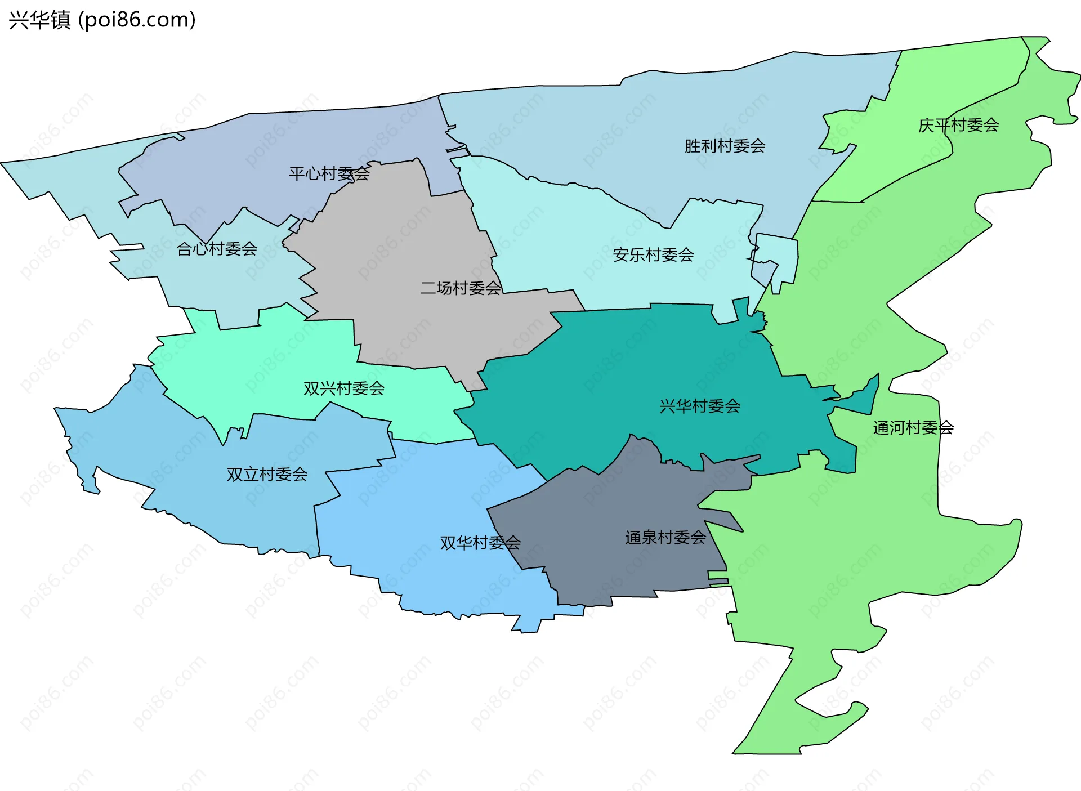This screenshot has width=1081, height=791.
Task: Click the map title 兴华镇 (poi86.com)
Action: point(102,20)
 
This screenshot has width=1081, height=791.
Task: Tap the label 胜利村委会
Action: point(725,146)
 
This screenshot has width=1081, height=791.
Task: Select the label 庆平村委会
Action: point(958,125)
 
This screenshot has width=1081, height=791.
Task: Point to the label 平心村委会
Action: point(329,174)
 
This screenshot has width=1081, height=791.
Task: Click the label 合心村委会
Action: point(217,249)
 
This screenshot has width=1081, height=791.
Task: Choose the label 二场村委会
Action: point(460,288)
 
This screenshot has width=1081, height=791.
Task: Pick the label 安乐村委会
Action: point(653,255)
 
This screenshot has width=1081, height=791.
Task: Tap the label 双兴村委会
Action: point(343,388)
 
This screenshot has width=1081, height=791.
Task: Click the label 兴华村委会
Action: point(699,406)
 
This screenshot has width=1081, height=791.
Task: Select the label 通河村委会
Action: point(913,428)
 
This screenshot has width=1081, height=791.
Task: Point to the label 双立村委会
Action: point(267,475)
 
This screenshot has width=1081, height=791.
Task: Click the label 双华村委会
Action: point(480,543)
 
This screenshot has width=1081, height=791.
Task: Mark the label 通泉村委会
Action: point(665,538)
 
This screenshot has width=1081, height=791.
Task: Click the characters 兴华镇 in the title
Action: point(39,20)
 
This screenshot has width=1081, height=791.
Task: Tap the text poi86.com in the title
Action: point(137,20)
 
